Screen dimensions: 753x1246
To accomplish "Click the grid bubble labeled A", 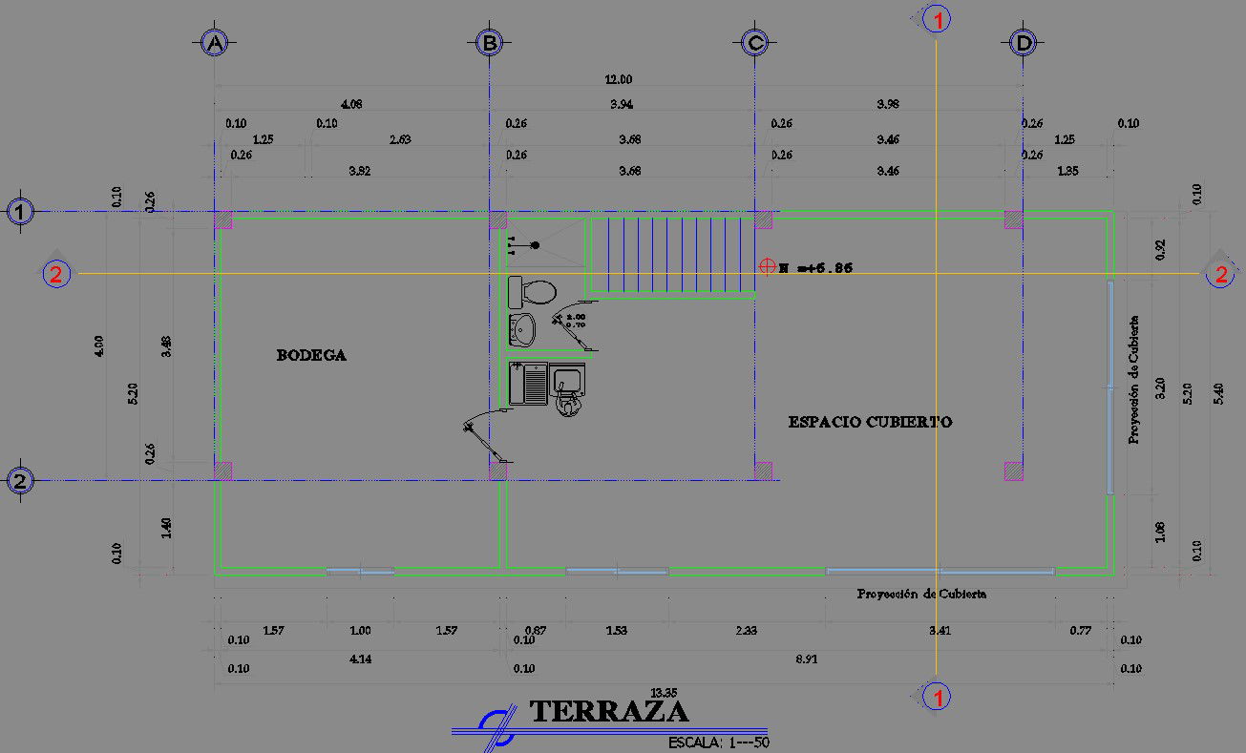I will [214, 43].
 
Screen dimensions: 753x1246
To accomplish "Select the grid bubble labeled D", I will [1023, 43].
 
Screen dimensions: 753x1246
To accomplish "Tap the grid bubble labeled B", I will [489, 43].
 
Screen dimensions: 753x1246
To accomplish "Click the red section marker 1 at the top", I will [938, 20].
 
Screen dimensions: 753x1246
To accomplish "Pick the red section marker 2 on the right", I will [1220, 275].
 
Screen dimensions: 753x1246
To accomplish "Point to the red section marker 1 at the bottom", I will [938, 698].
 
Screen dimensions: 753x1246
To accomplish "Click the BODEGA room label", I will [311, 355].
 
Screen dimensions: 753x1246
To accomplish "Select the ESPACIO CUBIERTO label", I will [870, 422].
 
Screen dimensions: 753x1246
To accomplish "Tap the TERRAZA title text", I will [608, 711].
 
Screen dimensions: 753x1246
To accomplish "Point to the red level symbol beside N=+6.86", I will [767, 267].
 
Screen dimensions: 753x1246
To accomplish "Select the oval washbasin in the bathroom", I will [522, 330].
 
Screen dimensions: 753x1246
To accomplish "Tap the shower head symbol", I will [535, 246].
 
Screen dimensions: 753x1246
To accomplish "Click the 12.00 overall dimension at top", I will [619, 79].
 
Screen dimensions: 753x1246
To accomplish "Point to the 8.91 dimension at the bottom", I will [808, 659].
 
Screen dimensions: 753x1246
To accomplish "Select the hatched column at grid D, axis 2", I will [1013, 470].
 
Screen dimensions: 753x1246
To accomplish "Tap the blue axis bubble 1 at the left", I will [21, 212].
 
